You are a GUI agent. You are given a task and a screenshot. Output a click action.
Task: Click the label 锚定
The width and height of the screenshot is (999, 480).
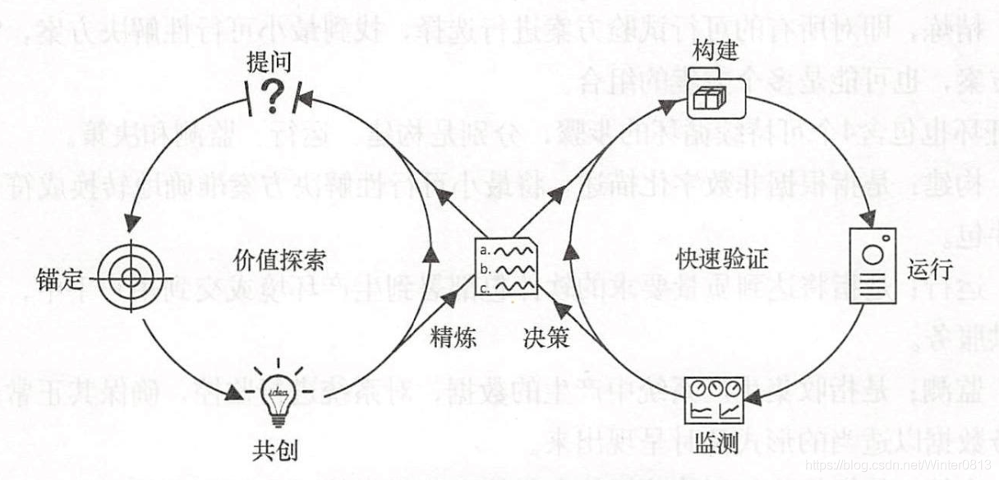(x=60, y=279)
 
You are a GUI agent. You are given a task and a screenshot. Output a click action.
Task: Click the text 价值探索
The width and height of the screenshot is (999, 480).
(x=279, y=260)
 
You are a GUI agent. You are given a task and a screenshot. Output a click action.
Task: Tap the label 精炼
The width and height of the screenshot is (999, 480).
(x=453, y=337)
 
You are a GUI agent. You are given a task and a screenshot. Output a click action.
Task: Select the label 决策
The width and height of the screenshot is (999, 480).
(x=546, y=337)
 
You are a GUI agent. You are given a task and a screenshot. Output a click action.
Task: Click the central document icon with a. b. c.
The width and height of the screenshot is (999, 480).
(x=508, y=265)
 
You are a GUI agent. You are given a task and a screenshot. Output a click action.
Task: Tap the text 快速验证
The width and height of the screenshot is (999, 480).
(x=722, y=260)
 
